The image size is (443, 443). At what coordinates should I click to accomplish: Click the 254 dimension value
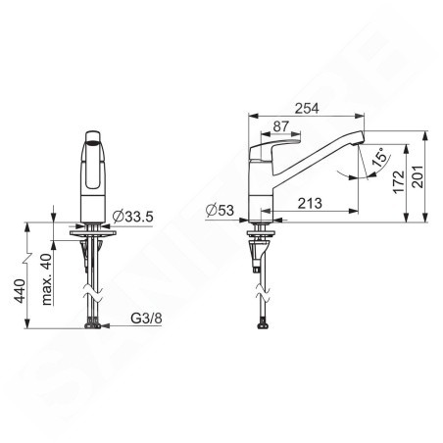coord(307,108)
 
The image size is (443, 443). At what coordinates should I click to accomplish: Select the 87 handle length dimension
coord(281,126)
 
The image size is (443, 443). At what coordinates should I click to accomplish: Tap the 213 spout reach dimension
coord(310,203)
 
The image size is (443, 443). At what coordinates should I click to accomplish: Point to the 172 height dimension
coord(399,181)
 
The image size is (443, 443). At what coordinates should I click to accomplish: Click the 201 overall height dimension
coord(418,176)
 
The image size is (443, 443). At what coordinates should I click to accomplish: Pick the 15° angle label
coord(382,157)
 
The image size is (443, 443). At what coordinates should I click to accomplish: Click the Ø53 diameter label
coord(220,210)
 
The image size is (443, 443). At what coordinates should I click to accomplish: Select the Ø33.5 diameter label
coord(132,217)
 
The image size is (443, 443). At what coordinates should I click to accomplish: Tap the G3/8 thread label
coord(146,318)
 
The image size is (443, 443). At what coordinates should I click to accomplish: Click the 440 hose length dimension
coord(21,291)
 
